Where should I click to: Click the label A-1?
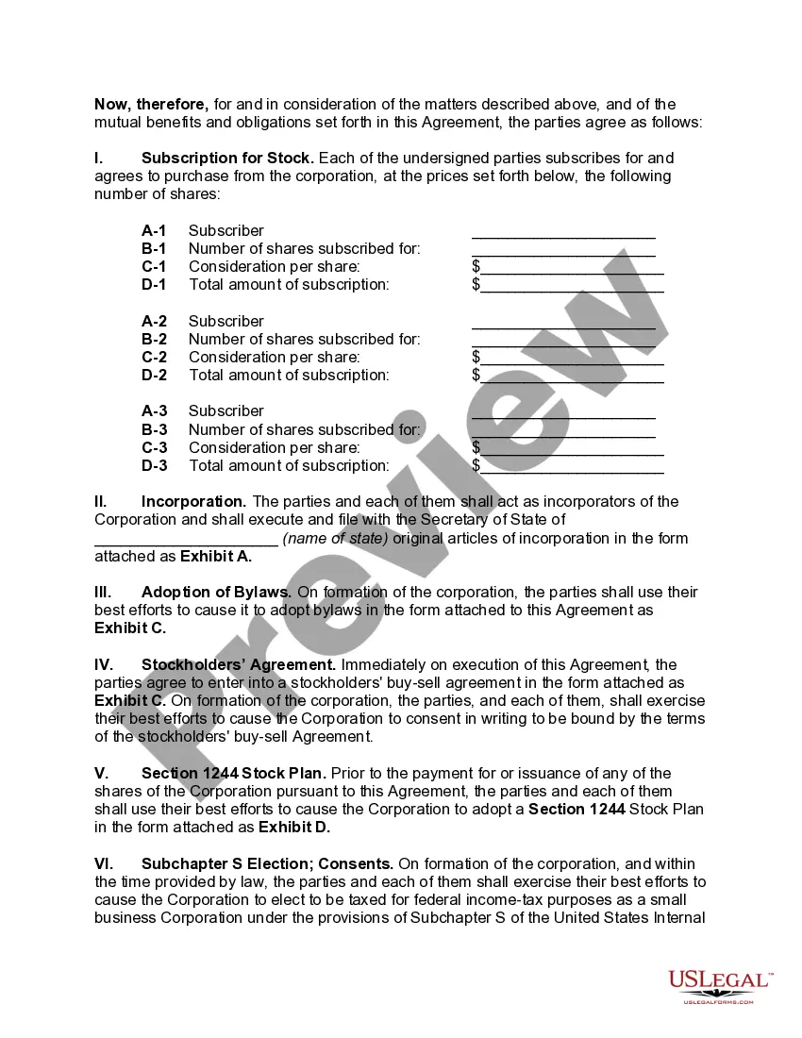(x=154, y=230)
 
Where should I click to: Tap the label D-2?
(x=154, y=375)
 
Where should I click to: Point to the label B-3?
(x=154, y=429)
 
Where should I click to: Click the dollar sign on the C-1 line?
(x=476, y=267)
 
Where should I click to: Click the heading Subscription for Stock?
(x=226, y=158)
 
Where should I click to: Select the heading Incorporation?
(x=193, y=501)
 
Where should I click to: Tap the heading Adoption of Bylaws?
(x=216, y=592)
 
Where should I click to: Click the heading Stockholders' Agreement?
(x=238, y=664)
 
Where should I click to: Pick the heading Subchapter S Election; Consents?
(x=267, y=863)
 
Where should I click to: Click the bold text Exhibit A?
(x=216, y=556)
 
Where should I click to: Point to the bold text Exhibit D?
(x=294, y=828)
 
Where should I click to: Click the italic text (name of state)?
(x=335, y=538)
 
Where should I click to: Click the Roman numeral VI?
(x=104, y=863)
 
